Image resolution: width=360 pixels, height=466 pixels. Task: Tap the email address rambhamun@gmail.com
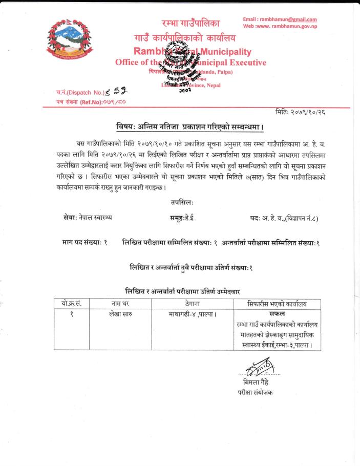click(280, 19)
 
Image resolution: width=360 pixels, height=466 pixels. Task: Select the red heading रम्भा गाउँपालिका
click(190, 24)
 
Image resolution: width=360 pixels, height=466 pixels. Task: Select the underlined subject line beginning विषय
click(190, 126)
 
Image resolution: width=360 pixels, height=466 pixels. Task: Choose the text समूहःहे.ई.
click(182, 218)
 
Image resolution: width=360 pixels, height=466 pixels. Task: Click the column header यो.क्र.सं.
click(72, 304)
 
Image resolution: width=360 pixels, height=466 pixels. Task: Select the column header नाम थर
click(121, 304)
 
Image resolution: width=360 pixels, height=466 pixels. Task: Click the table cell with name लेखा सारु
click(121, 314)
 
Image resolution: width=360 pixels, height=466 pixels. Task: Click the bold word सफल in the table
click(277, 313)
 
